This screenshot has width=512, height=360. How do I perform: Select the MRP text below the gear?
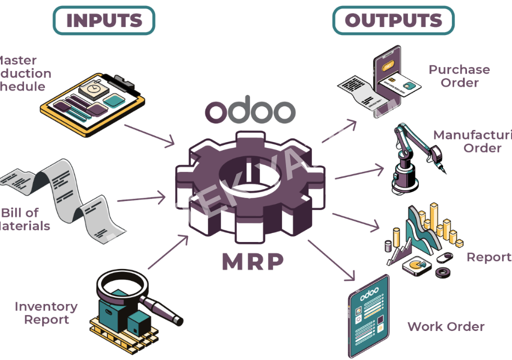point(253,260)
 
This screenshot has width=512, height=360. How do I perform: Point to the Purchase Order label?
point(459,76)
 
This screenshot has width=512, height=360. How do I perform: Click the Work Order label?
point(445,326)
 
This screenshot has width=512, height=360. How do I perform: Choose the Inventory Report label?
point(46,313)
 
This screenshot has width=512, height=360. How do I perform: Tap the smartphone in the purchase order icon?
point(387,80)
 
